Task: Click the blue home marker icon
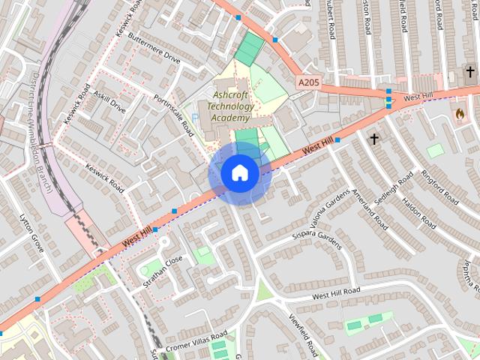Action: pyautogui.click(x=239, y=173)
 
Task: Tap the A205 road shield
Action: pyautogui.click(x=308, y=82)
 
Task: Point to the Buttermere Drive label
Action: pyautogui.click(x=154, y=47)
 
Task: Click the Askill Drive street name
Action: pyautogui.click(x=109, y=102)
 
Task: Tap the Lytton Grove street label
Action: pyautogui.click(x=31, y=232)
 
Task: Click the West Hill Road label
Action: pyautogui.click(x=336, y=291)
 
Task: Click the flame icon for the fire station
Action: pyautogui.click(x=459, y=114)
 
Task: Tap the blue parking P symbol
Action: pyautogui.click(x=196, y=118)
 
